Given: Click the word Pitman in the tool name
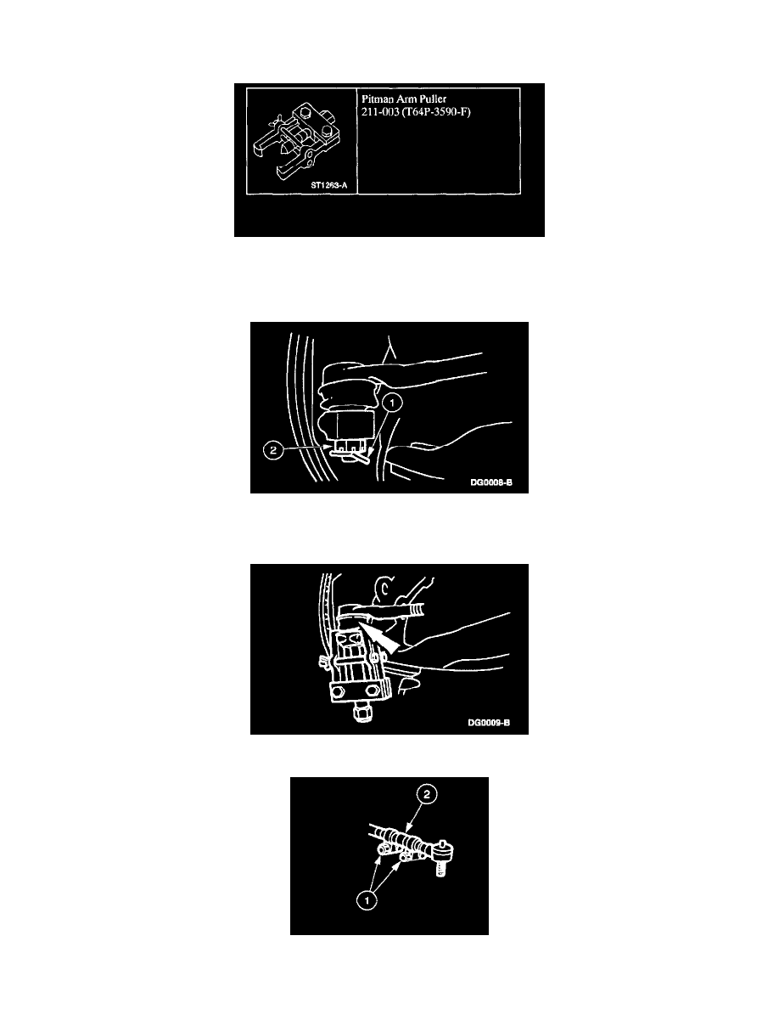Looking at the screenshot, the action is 377,99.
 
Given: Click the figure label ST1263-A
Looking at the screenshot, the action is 329,185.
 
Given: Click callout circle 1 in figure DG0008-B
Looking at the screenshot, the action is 392,403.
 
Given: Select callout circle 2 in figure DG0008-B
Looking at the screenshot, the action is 273,450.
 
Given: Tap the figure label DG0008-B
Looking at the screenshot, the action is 491,482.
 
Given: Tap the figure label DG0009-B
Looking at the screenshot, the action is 489,723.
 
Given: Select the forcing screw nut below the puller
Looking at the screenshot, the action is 361,713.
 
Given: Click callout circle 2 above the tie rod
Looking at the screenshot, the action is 428,795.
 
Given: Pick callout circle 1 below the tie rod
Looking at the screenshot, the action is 367,900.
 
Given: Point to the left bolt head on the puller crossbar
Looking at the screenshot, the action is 338,693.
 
